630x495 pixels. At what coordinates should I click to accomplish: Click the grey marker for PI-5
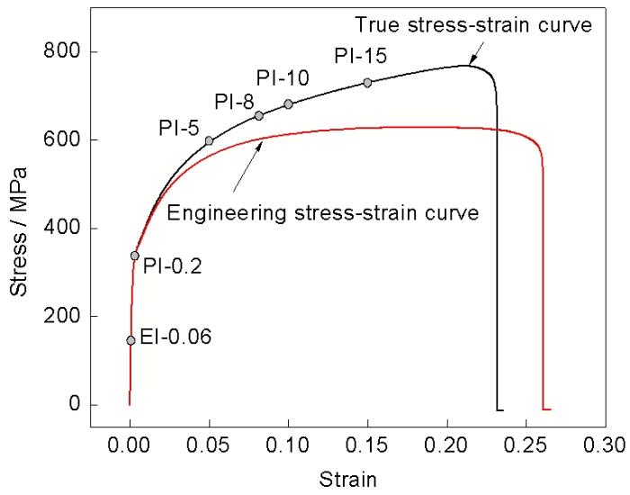click(x=209, y=140)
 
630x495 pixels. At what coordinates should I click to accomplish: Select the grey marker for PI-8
click(x=259, y=115)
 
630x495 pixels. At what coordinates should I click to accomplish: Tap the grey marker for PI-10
click(x=288, y=104)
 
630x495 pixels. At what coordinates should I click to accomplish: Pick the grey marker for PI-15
click(x=367, y=83)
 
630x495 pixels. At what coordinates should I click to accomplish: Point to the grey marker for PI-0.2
click(x=135, y=256)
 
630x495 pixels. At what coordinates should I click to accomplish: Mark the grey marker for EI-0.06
click(x=130, y=340)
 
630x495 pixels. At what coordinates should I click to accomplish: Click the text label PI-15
click(x=360, y=57)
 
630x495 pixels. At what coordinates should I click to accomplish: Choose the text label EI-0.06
click(x=179, y=337)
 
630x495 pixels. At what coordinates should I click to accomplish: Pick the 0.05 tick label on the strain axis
click(x=209, y=444)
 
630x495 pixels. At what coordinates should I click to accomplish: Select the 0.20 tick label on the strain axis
click(x=446, y=444)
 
